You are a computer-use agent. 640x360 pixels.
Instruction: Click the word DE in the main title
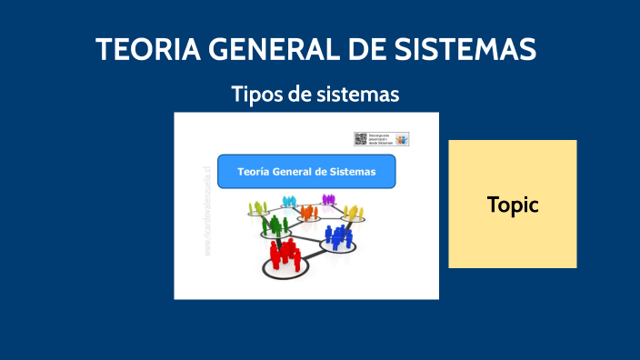pos(372,49)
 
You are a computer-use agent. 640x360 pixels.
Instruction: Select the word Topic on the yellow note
pos(513,205)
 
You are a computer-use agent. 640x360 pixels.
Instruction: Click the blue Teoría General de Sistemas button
pos(306,171)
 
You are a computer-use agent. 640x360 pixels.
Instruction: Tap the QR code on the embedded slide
pos(360,139)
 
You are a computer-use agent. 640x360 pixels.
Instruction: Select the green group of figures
pos(275,223)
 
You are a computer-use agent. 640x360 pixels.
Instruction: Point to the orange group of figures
pos(309,213)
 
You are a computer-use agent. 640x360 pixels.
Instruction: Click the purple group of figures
pos(328,199)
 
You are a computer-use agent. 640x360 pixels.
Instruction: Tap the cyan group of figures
pos(289,201)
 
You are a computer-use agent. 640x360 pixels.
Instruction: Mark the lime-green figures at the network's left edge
pos(256,210)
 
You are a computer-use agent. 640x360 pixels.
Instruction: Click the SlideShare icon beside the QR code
pos(402,139)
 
